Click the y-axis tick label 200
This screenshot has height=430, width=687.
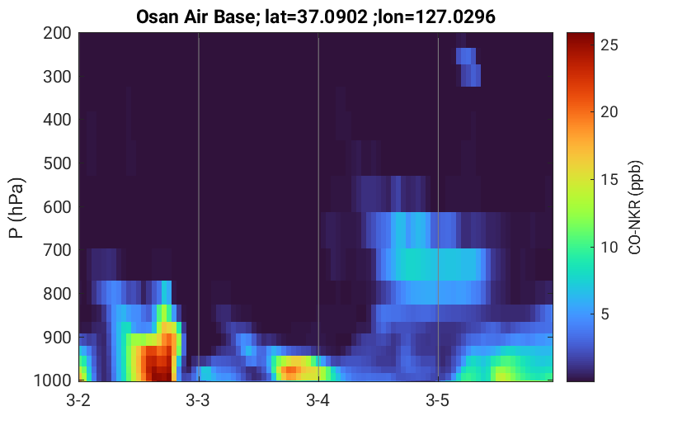point(57,33)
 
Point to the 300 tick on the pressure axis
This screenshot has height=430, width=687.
point(57,77)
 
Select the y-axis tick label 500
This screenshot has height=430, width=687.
point(57,163)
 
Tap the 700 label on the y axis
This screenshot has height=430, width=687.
point(57,250)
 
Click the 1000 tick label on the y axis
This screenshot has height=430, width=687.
point(53,380)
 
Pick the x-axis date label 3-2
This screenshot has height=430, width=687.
point(78,400)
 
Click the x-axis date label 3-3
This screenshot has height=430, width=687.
point(198,400)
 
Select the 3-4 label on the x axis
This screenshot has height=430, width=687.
point(318,400)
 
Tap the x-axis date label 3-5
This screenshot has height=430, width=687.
point(437,400)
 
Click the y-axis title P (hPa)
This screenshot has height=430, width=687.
point(16,208)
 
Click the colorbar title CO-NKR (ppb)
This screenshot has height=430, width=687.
point(634,207)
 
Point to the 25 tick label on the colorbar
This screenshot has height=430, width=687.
point(609,45)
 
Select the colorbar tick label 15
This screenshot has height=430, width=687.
point(609,179)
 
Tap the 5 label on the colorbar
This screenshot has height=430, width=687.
point(605,314)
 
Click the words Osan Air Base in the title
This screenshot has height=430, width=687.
point(195,17)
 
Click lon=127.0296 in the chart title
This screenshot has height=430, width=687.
point(434,17)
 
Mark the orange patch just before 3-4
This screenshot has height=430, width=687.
point(291,371)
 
